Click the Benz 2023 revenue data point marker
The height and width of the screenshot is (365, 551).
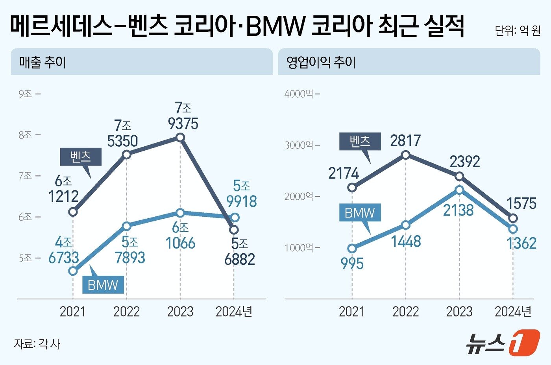[x=180, y=137]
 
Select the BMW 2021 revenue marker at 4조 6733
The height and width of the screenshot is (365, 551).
[x=73, y=271]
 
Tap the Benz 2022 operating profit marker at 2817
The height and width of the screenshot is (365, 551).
[x=406, y=155]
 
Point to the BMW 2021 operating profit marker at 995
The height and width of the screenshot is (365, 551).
[x=352, y=249]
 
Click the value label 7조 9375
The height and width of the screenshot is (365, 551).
[x=183, y=116]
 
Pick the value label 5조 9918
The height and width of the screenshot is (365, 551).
[x=241, y=194]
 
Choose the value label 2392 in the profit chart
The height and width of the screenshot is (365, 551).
[x=465, y=162]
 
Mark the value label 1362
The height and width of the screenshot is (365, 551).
[x=521, y=243]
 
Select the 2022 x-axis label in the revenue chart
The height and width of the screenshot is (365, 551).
[x=126, y=312]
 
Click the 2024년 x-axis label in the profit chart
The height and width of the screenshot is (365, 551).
[x=513, y=312]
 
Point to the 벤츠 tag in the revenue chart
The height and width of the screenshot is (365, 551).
[x=81, y=157]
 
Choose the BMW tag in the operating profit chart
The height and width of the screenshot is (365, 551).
[x=360, y=213]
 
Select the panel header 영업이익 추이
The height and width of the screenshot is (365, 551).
[x=321, y=62]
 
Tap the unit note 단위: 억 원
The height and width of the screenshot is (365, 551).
[x=518, y=31]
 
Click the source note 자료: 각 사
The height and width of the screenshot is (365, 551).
[x=37, y=344]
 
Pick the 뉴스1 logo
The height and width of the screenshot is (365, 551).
[x=503, y=343]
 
